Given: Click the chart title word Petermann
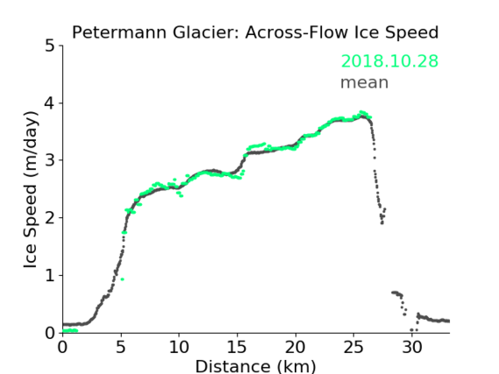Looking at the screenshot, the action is (119, 32).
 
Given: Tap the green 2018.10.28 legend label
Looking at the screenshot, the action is (389, 61).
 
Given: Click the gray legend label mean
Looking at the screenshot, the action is (365, 82).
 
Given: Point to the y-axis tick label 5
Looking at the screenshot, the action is (50, 46).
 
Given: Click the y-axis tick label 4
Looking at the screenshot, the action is (50, 103).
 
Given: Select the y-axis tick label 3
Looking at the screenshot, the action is (50, 160).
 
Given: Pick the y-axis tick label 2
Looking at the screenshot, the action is (50, 218).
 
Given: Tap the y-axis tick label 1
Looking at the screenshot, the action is (50, 276).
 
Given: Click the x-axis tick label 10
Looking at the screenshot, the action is (179, 347).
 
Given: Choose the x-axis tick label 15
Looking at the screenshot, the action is (237, 347).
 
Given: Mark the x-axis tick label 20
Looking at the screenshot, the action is (296, 347).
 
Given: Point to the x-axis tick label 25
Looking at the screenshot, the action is (353, 347).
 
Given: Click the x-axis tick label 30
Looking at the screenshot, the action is (412, 347).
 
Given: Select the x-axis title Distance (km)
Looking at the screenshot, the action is (255, 366).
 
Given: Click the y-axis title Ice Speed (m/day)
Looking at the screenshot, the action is (31, 190).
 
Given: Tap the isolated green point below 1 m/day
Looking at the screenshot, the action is (122, 279).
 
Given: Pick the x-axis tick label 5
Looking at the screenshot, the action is (121, 347).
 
